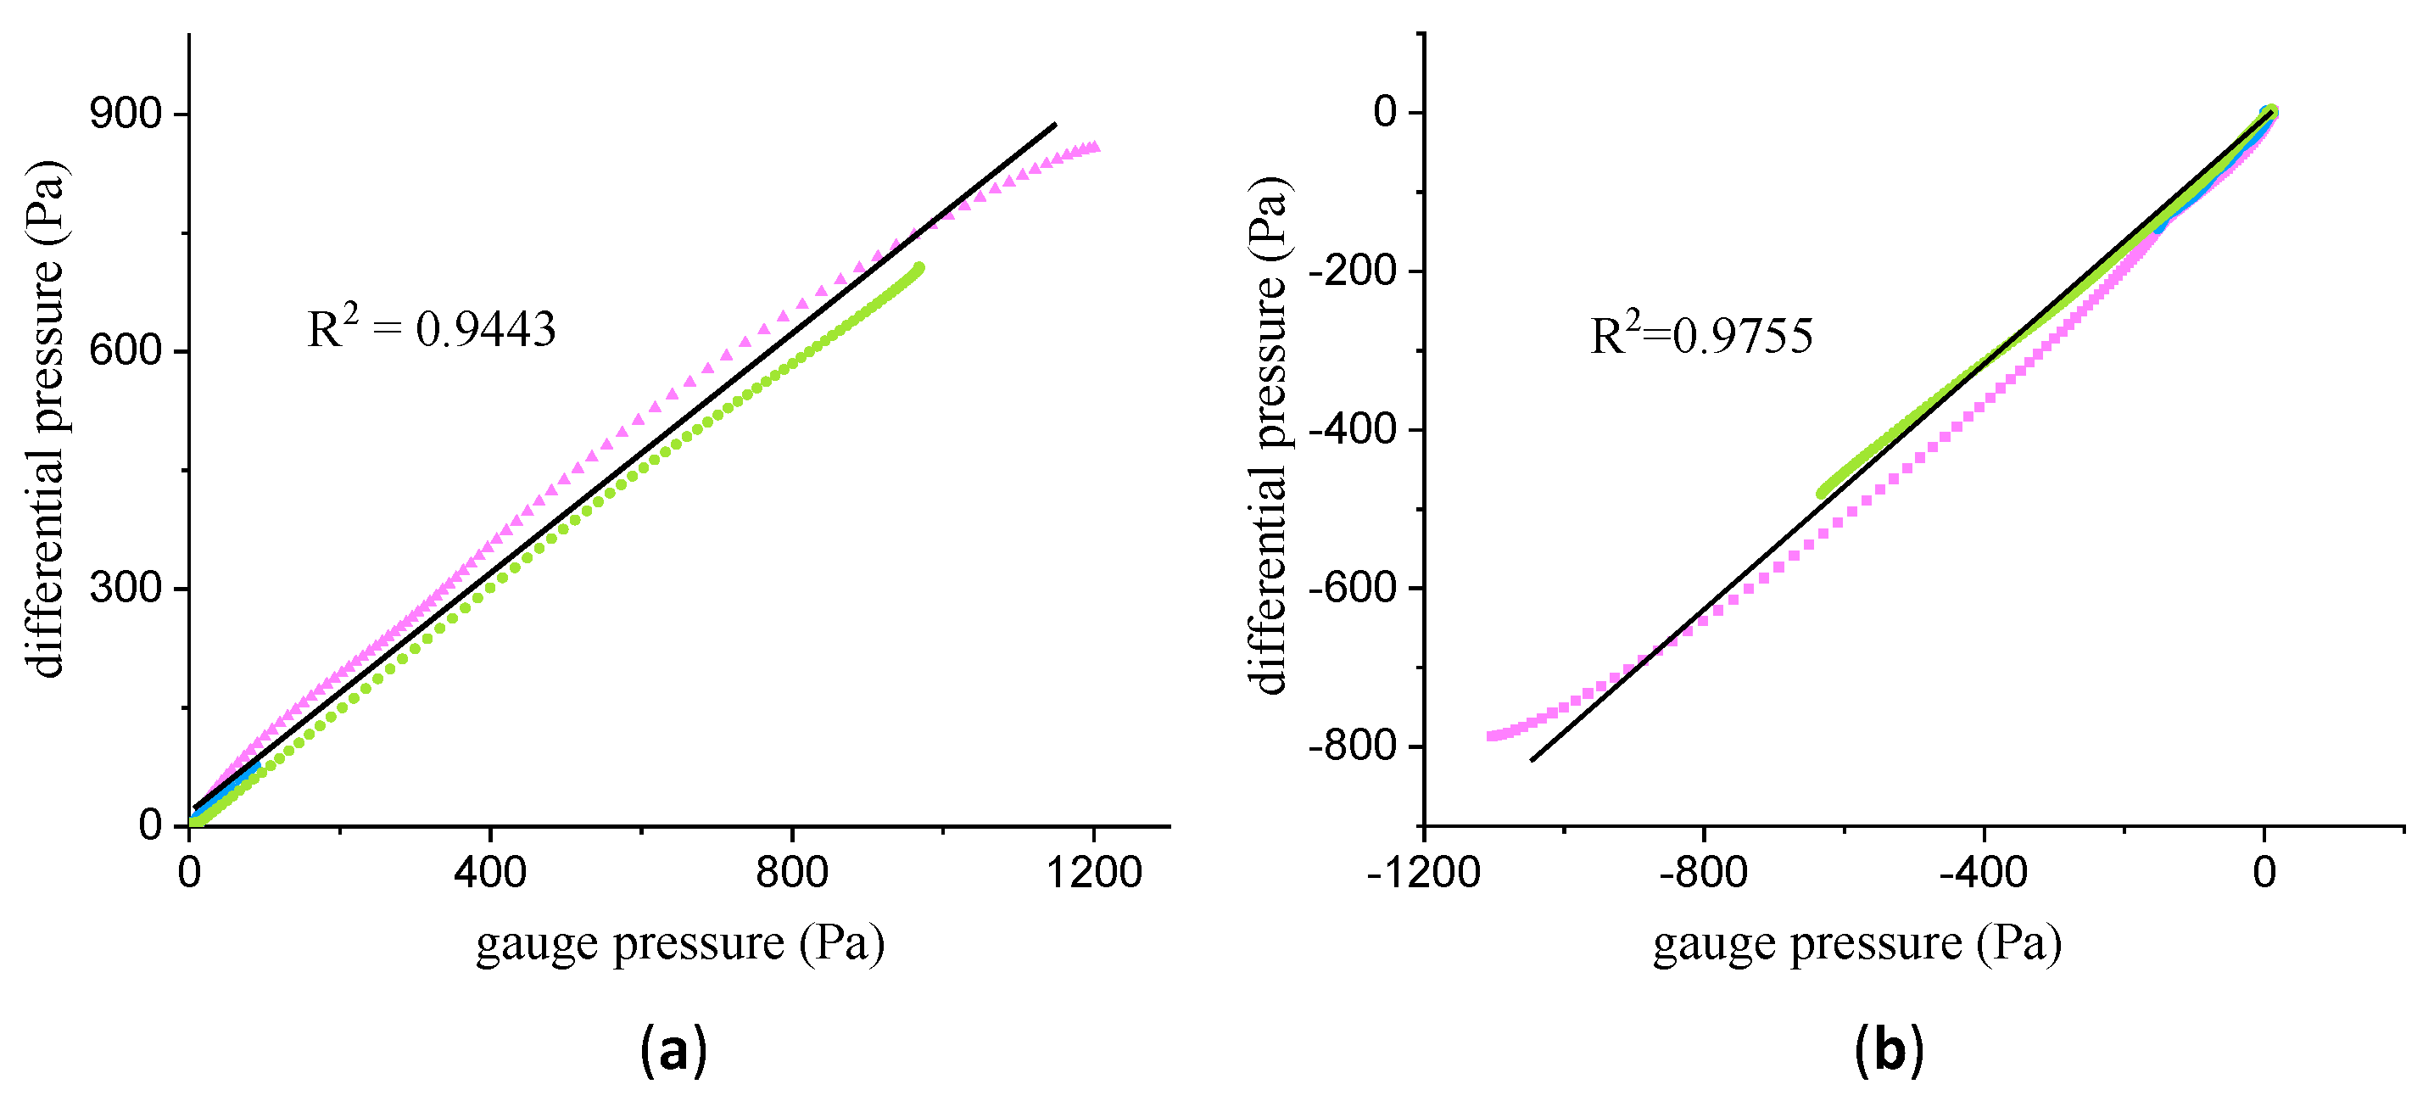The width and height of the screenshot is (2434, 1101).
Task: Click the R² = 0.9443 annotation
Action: coord(432,329)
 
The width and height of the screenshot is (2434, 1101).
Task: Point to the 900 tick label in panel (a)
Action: coord(126,114)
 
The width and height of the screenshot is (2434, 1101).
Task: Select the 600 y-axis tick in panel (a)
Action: coord(126,350)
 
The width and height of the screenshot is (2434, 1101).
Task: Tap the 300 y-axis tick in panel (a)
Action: coord(126,588)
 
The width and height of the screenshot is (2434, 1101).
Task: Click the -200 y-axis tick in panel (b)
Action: coord(1352,271)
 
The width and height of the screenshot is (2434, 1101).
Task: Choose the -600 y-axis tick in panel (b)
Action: coord(1352,588)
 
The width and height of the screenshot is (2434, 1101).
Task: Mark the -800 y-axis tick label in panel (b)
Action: coord(1352,746)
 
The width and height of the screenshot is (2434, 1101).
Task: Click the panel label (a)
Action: coord(673,1050)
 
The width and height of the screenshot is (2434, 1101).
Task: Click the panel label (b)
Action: coord(1888,1050)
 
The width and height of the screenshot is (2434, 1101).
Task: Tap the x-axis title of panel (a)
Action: coord(679,944)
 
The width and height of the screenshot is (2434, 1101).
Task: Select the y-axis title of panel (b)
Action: coord(1269,435)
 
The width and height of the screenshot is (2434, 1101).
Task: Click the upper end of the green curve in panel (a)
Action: coord(918,268)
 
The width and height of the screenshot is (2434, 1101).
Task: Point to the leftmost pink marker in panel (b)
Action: coord(1491,735)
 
